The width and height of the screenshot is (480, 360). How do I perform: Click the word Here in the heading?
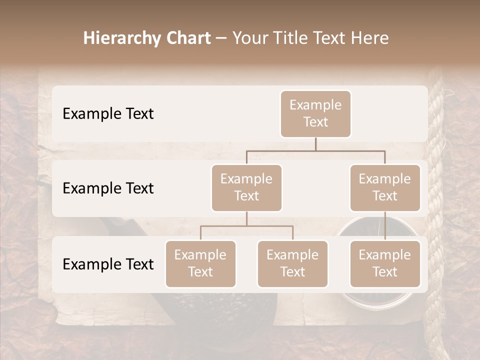click(370, 38)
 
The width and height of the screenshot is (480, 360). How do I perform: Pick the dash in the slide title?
click(221, 39)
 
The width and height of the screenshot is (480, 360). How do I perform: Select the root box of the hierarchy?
click(315, 113)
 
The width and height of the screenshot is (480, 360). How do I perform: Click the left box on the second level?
click(246, 187)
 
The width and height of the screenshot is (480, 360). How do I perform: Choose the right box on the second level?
click(385, 187)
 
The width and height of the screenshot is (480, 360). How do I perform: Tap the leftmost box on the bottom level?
click(200, 263)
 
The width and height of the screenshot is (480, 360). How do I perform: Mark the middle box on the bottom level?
click(292, 263)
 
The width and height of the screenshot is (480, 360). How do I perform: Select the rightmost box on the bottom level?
click(385, 263)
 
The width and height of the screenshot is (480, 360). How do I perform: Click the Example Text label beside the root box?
click(108, 114)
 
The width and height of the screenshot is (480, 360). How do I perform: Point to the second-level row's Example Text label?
click(108, 188)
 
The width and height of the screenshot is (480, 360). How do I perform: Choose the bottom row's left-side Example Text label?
click(108, 264)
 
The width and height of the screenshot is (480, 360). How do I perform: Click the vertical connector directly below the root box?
click(315, 144)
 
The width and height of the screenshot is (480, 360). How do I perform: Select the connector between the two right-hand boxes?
click(385, 225)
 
